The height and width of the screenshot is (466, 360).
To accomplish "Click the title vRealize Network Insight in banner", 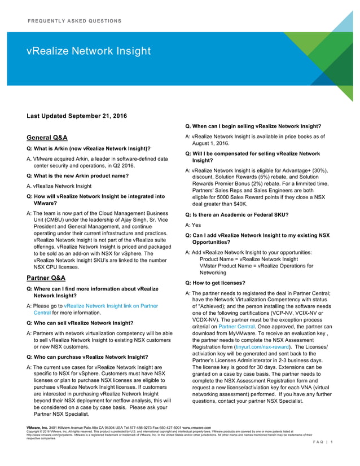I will point(89,52).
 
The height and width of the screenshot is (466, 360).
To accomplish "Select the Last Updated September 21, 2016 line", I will point(77,116).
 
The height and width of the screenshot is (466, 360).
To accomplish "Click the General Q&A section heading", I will point(48,137).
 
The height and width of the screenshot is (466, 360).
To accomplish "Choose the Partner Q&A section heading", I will point(46,278).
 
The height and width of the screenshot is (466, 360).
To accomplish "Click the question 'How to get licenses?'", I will point(215,283).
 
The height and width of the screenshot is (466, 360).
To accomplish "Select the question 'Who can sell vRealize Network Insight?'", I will point(80,323).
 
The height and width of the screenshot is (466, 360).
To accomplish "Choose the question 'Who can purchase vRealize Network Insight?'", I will point(88,357).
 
